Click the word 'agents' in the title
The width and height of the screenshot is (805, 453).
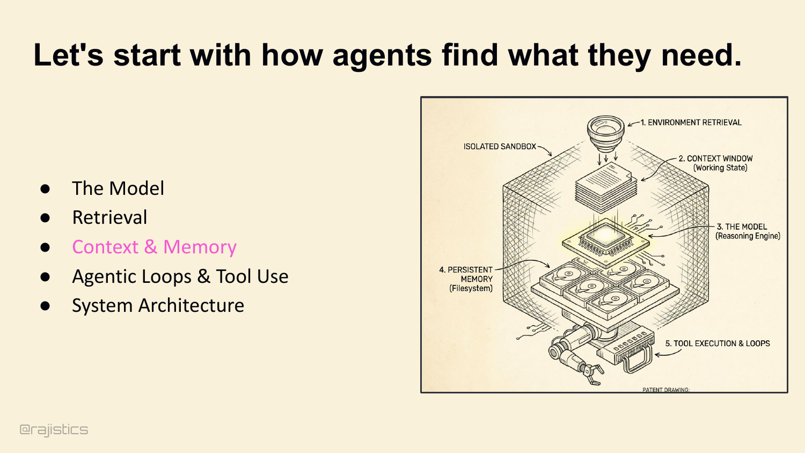click(x=382, y=56)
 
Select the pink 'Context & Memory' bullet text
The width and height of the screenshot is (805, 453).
click(x=154, y=247)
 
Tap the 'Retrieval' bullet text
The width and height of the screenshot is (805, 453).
click(x=109, y=217)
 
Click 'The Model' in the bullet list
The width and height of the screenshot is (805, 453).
click(x=118, y=188)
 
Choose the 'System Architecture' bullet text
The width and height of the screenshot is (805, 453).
click(x=158, y=305)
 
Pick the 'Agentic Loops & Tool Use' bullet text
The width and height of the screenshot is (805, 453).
click(x=180, y=276)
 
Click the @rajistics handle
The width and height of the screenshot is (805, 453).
click(x=54, y=429)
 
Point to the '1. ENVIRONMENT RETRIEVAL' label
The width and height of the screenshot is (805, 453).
click(x=691, y=122)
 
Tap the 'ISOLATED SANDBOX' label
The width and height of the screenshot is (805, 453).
click(x=500, y=147)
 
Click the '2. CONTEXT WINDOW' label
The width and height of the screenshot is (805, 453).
click(x=715, y=158)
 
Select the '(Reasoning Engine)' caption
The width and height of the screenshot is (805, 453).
click(x=748, y=236)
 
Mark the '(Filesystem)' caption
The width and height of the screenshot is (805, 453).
click(x=471, y=288)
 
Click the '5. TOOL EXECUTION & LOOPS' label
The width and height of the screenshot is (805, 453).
click(x=718, y=344)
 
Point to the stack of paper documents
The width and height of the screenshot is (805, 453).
click(x=606, y=187)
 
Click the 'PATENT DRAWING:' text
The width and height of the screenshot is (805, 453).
click(x=666, y=390)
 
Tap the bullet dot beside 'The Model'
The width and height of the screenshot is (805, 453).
click(x=45, y=189)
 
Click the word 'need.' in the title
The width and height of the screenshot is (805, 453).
click(x=701, y=56)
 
